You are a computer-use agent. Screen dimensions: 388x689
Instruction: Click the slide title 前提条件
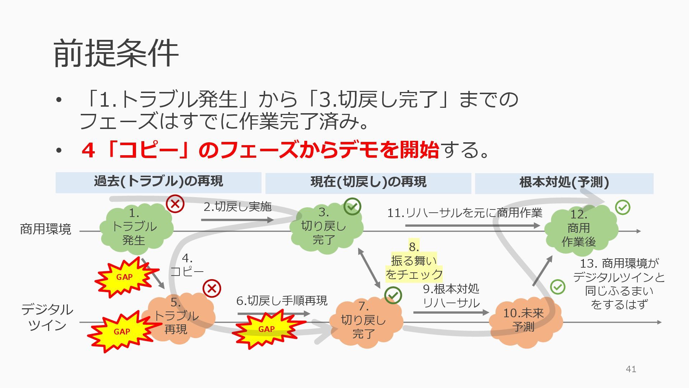tap(116, 54)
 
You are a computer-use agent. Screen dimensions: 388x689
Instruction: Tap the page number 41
tap(631, 369)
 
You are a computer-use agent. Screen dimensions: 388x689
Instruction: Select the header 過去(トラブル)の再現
tap(158, 182)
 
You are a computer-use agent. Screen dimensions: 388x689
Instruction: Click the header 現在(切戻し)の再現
tap(368, 183)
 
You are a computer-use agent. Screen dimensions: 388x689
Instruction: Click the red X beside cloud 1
tap(175, 204)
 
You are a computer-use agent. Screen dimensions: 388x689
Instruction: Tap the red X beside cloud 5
tap(212, 288)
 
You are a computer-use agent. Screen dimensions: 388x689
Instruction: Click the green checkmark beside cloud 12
tap(623, 207)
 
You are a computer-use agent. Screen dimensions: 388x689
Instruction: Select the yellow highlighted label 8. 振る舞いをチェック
tap(414, 261)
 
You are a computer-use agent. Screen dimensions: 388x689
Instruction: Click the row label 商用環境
tap(46, 229)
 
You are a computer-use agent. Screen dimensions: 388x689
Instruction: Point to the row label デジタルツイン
tap(47, 317)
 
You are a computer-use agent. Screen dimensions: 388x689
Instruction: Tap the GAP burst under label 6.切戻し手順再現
tap(267, 329)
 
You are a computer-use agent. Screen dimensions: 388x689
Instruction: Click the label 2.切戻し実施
tap(237, 207)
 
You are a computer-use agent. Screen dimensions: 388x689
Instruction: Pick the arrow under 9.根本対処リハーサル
tap(451, 313)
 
